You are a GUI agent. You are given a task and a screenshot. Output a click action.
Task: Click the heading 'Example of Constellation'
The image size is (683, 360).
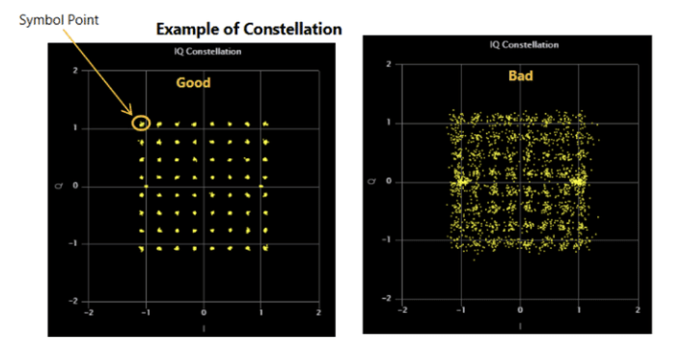coord(250,29)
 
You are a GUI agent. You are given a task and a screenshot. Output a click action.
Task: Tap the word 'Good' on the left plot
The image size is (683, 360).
coord(193,83)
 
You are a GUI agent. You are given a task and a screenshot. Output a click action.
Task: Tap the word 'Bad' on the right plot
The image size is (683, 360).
coord(522,75)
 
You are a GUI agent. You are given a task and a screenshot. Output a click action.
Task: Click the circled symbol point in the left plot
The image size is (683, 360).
coord(142,123)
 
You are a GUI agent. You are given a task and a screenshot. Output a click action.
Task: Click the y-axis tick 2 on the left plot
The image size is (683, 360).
coord(75,70)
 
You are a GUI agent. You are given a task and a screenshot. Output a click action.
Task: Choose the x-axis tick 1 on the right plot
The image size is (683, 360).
coord(579,309)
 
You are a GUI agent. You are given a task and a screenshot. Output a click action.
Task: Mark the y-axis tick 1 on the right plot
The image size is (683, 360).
coord(388,123)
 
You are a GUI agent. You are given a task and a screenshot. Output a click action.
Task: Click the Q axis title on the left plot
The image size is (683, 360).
coord(60,186)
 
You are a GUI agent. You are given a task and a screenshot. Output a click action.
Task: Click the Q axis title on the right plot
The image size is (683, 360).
coord(373,181)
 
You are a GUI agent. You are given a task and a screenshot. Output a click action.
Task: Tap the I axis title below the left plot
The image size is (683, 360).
coord(204,325)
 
